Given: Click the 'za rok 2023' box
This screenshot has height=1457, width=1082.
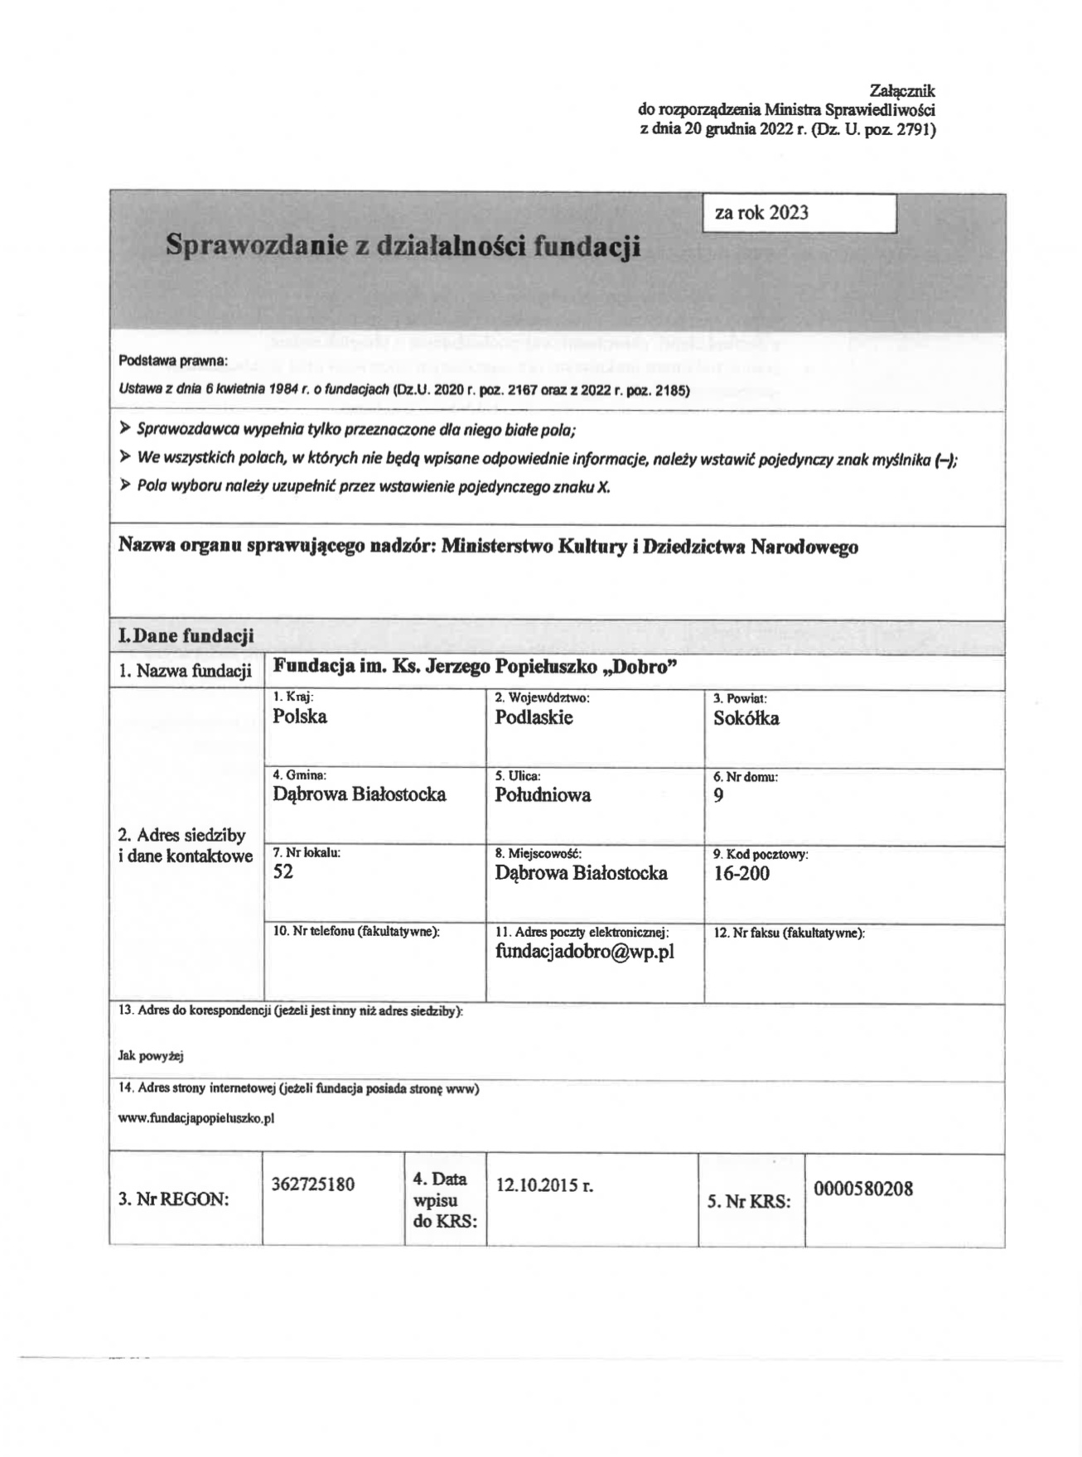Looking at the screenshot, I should (799, 214).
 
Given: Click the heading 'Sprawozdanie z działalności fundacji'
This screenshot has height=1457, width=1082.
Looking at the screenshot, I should (403, 245).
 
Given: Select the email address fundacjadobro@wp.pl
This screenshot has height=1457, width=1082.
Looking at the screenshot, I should (584, 952).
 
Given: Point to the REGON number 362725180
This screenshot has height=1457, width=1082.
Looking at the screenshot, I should (312, 1184).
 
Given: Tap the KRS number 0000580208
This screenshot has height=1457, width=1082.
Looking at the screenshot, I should (862, 1189).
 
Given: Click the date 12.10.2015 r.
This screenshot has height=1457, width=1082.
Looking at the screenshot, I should (544, 1185).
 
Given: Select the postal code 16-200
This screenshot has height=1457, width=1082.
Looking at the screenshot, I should (741, 873).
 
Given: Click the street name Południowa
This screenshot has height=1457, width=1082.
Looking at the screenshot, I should (543, 795).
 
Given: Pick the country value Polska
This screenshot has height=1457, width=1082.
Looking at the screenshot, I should (299, 716).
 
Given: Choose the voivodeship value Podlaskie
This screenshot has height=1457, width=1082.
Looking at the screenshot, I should (534, 717).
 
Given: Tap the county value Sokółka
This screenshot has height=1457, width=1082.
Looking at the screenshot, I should (746, 718).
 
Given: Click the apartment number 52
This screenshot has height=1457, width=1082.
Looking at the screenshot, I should (283, 871).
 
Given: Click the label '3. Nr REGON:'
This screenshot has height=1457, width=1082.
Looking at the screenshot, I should (173, 1199).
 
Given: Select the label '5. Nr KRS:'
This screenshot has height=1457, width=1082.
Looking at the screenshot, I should (748, 1201).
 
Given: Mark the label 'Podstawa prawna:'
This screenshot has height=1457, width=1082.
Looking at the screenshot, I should (172, 360).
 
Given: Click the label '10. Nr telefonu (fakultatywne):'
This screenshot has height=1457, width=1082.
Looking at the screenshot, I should (355, 931).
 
